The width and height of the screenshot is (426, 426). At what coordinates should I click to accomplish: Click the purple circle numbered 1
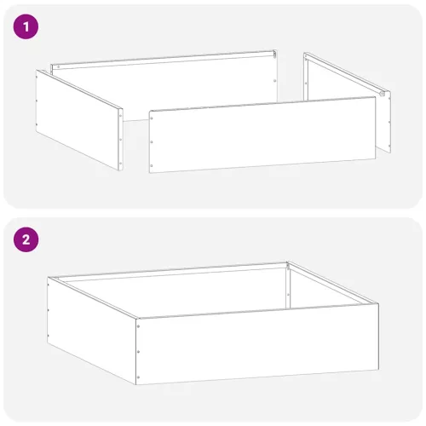click(27, 26)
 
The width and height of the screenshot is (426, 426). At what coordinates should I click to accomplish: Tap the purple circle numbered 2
click(27, 239)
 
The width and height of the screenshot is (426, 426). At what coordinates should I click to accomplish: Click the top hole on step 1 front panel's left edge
click(153, 119)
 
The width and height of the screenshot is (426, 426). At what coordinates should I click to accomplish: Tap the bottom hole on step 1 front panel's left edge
click(153, 163)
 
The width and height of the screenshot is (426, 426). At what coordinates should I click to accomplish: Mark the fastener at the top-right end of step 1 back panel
click(273, 53)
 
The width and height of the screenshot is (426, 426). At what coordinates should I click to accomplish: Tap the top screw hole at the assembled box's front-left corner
click(138, 325)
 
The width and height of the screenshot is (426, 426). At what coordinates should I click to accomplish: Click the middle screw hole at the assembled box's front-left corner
click(138, 349)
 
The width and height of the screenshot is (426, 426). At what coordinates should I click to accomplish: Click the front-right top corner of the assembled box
click(377, 303)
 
